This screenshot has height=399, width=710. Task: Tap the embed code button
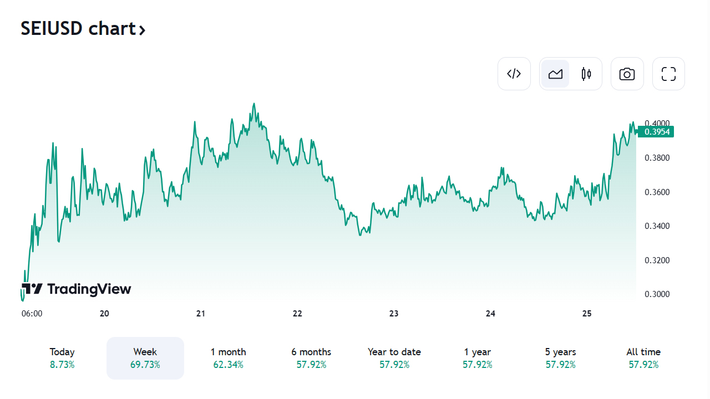pos(514,74)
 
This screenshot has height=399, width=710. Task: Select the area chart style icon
pos(555,74)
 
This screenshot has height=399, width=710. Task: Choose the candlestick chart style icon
pos(586,74)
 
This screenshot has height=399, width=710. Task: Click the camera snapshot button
pos(627,74)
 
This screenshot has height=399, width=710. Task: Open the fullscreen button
pos(668,74)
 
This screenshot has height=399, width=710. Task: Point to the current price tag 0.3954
pos(656,132)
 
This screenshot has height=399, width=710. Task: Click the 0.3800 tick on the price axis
pos(657,158)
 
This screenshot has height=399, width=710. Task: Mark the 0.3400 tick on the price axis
pos(657,226)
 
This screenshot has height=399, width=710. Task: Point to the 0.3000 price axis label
pos(657,294)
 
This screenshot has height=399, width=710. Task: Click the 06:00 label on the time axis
pos(32,314)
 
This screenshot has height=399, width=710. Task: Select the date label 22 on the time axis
pos(297,314)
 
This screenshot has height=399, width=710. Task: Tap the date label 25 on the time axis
pos(587,314)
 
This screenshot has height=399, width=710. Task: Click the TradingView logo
pos(77,289)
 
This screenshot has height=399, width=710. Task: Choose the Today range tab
pos(62,358)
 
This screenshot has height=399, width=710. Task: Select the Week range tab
pos(145,358)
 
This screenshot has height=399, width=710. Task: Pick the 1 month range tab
pos(228,358)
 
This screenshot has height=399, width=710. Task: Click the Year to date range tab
pos(394,358)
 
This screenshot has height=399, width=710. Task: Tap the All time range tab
pos(643,358)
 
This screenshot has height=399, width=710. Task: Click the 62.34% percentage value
pos(228,365)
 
